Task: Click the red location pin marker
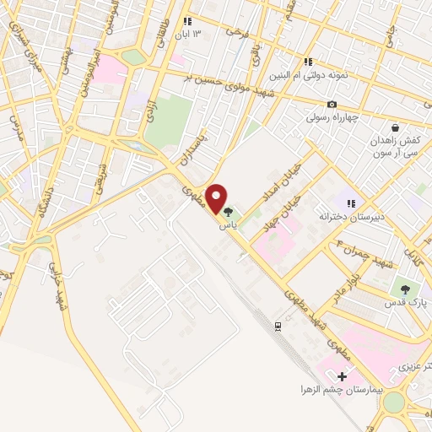tap(218, 199)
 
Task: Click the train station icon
tap(278, 325)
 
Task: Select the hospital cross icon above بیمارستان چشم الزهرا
tap(342, 375)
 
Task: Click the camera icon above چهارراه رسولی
tap(332, 104)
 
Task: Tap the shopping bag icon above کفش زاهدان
tap(395, 127)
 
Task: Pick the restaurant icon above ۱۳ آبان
tap(187, 21)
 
